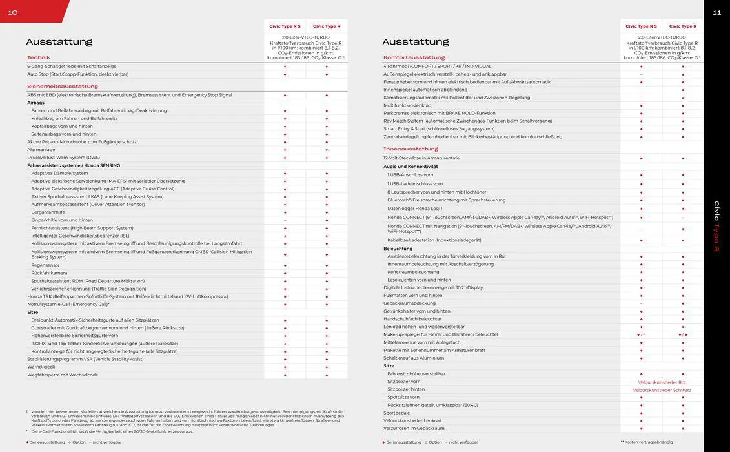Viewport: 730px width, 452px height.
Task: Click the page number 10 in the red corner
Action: (13, 12)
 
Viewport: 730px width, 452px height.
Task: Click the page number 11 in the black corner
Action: (716, 12)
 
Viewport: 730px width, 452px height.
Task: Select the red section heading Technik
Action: (38, 57)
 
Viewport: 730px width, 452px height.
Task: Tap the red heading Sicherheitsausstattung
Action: (62, 86)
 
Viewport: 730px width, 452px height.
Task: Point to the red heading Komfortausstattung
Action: (414, 57)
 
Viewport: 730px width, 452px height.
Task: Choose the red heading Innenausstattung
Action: (411, 149)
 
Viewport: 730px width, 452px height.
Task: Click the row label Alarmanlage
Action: (41, 150)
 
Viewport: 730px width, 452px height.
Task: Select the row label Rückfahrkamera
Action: (49, 273)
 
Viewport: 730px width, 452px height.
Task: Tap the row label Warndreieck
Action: (41, 367)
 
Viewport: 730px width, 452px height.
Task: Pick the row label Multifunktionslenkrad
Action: (407, 105)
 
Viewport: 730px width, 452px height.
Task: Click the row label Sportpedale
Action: (396, 413)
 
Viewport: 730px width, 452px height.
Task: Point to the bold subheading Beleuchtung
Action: (398, 248)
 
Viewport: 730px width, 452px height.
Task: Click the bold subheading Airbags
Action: (35, 103)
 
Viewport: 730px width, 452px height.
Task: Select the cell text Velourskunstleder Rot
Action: (662, 382)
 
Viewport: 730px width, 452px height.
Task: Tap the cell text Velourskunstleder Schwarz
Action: (662, 390)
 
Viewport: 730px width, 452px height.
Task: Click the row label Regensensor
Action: (45, 265)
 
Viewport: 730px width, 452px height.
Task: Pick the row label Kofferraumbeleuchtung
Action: (413, 272)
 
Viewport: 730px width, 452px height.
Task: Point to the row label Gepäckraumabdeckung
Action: (409, 303)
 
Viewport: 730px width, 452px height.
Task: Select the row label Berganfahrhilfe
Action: (48, 212)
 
